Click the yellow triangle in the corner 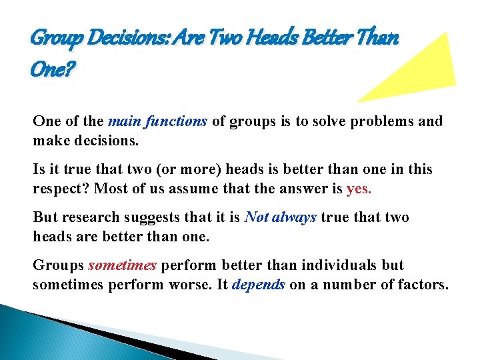(420, 70)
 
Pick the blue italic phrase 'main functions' (158, 121)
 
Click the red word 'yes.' (359, 188)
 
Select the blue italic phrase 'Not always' (281, 217)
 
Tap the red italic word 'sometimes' (122, 265)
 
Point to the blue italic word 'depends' (259, 284)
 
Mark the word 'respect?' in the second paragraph (60, 188)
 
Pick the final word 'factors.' (425, 284)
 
